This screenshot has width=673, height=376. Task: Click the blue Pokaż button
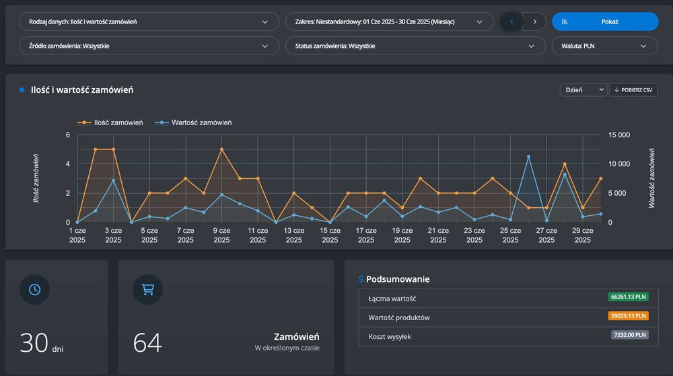click(x=605, y=22)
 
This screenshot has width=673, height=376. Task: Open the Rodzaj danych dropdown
click(x=149, y=22)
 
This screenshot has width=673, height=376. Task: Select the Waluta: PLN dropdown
click(x=604, y=46)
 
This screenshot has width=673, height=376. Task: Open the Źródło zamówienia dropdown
click(x=149, y=46)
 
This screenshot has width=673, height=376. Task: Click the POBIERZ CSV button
click(x=633, y=90)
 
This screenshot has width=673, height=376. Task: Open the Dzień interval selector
click(x=583, y=90)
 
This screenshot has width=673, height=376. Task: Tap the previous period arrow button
click(x=511, y=22)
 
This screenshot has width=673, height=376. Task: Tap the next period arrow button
click(x=534, y=22)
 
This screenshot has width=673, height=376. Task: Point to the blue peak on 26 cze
click(x=528, y=157)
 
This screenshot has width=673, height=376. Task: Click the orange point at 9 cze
click(x=221, y=149)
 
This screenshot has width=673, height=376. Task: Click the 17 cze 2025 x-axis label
click(x=365, y=235)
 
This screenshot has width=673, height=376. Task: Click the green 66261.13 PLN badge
click(x=629, y=297)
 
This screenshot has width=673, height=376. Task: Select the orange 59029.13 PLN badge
click(x=629, y=315)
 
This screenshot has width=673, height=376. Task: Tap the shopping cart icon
click(x=147, y=289)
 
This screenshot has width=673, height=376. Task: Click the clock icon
click(x=34, y=289)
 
